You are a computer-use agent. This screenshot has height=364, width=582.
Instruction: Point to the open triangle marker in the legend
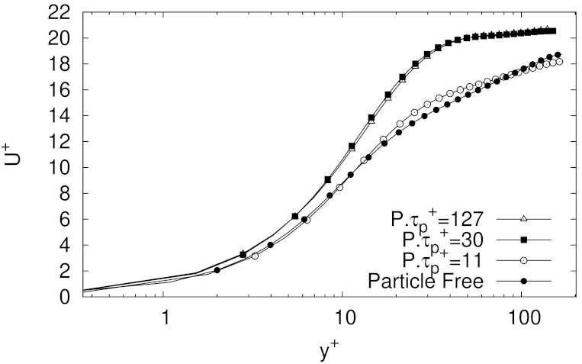[524, 220]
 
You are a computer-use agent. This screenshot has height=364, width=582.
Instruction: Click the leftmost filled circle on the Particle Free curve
[217, 270]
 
